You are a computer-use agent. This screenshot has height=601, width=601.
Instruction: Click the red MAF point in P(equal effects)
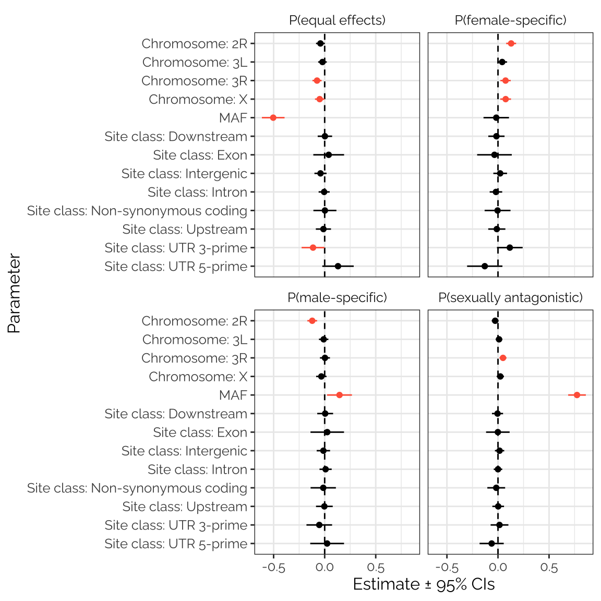[x=273, y=118]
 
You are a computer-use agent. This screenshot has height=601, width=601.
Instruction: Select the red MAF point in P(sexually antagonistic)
[x=577, y=395]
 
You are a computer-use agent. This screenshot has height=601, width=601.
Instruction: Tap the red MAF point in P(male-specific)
[x=339, y=395]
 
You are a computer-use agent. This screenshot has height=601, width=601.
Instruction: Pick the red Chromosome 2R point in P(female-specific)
[x=511, y=43]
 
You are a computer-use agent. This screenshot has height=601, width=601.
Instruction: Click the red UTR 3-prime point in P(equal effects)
[x=313, y=247]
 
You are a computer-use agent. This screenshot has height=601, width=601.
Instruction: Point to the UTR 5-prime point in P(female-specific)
[x=485, y=266]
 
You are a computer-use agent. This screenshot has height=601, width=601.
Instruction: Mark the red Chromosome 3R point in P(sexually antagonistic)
[x=503, y=358]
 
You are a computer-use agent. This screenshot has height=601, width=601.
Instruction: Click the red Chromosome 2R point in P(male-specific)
[x=312, y=321]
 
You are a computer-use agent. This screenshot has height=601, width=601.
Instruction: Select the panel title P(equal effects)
[x=337, y=20]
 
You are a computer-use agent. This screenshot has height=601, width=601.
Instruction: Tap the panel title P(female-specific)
[x=510, y=20]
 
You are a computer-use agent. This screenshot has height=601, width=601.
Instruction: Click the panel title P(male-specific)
[x=337, y=297]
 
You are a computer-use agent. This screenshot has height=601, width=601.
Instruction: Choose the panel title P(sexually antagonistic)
[x=510, y=297]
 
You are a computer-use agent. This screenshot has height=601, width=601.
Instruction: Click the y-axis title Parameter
[x=14, y=293]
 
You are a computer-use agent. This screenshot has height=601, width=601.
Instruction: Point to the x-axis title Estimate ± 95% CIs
[x=424, y=584]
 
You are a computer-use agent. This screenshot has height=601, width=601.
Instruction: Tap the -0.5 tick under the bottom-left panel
[x=273, y=568]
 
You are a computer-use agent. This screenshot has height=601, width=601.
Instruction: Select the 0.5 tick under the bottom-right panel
[x=549, y=568]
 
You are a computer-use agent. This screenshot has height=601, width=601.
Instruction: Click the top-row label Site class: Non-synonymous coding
[x=137, y=211]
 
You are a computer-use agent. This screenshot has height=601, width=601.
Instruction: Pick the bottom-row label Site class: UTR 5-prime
[x=176, y=544]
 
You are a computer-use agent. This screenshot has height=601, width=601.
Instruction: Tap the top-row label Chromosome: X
[x=198, y=99]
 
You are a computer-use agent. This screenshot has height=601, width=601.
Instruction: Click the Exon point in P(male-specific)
[x=327, y=432]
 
